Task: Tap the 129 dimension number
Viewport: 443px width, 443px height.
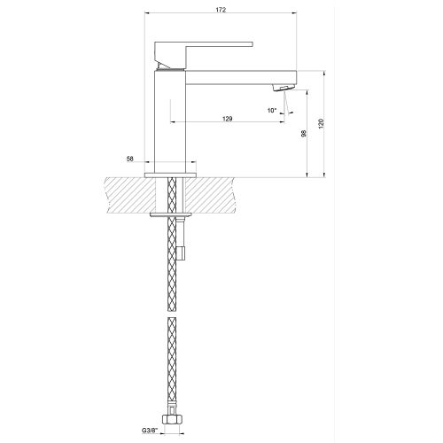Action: [x=228, y=118]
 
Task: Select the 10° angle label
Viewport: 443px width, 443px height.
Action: [x=271, y=110]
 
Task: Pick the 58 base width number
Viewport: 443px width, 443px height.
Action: [x=130, y=159]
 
